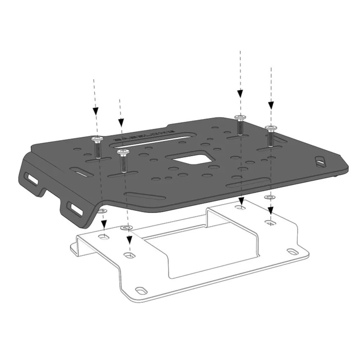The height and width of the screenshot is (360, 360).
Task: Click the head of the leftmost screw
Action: [x=96, y=139]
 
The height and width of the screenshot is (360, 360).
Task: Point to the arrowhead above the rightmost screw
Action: [x=271, y=105]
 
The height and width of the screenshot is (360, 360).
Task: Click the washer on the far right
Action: [x=269, y=197]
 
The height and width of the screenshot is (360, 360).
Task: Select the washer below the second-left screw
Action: [x=126, y=228]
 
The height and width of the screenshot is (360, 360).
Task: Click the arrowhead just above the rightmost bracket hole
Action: [x=270, y=210]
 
